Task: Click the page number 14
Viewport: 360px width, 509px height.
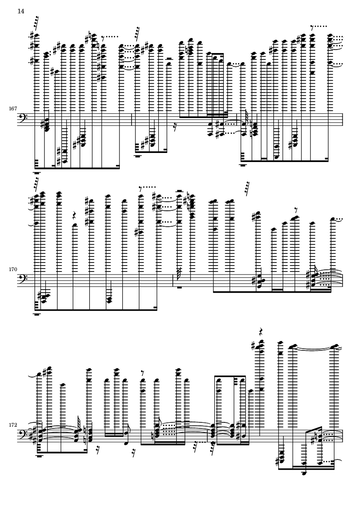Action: tap(21, 11)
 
